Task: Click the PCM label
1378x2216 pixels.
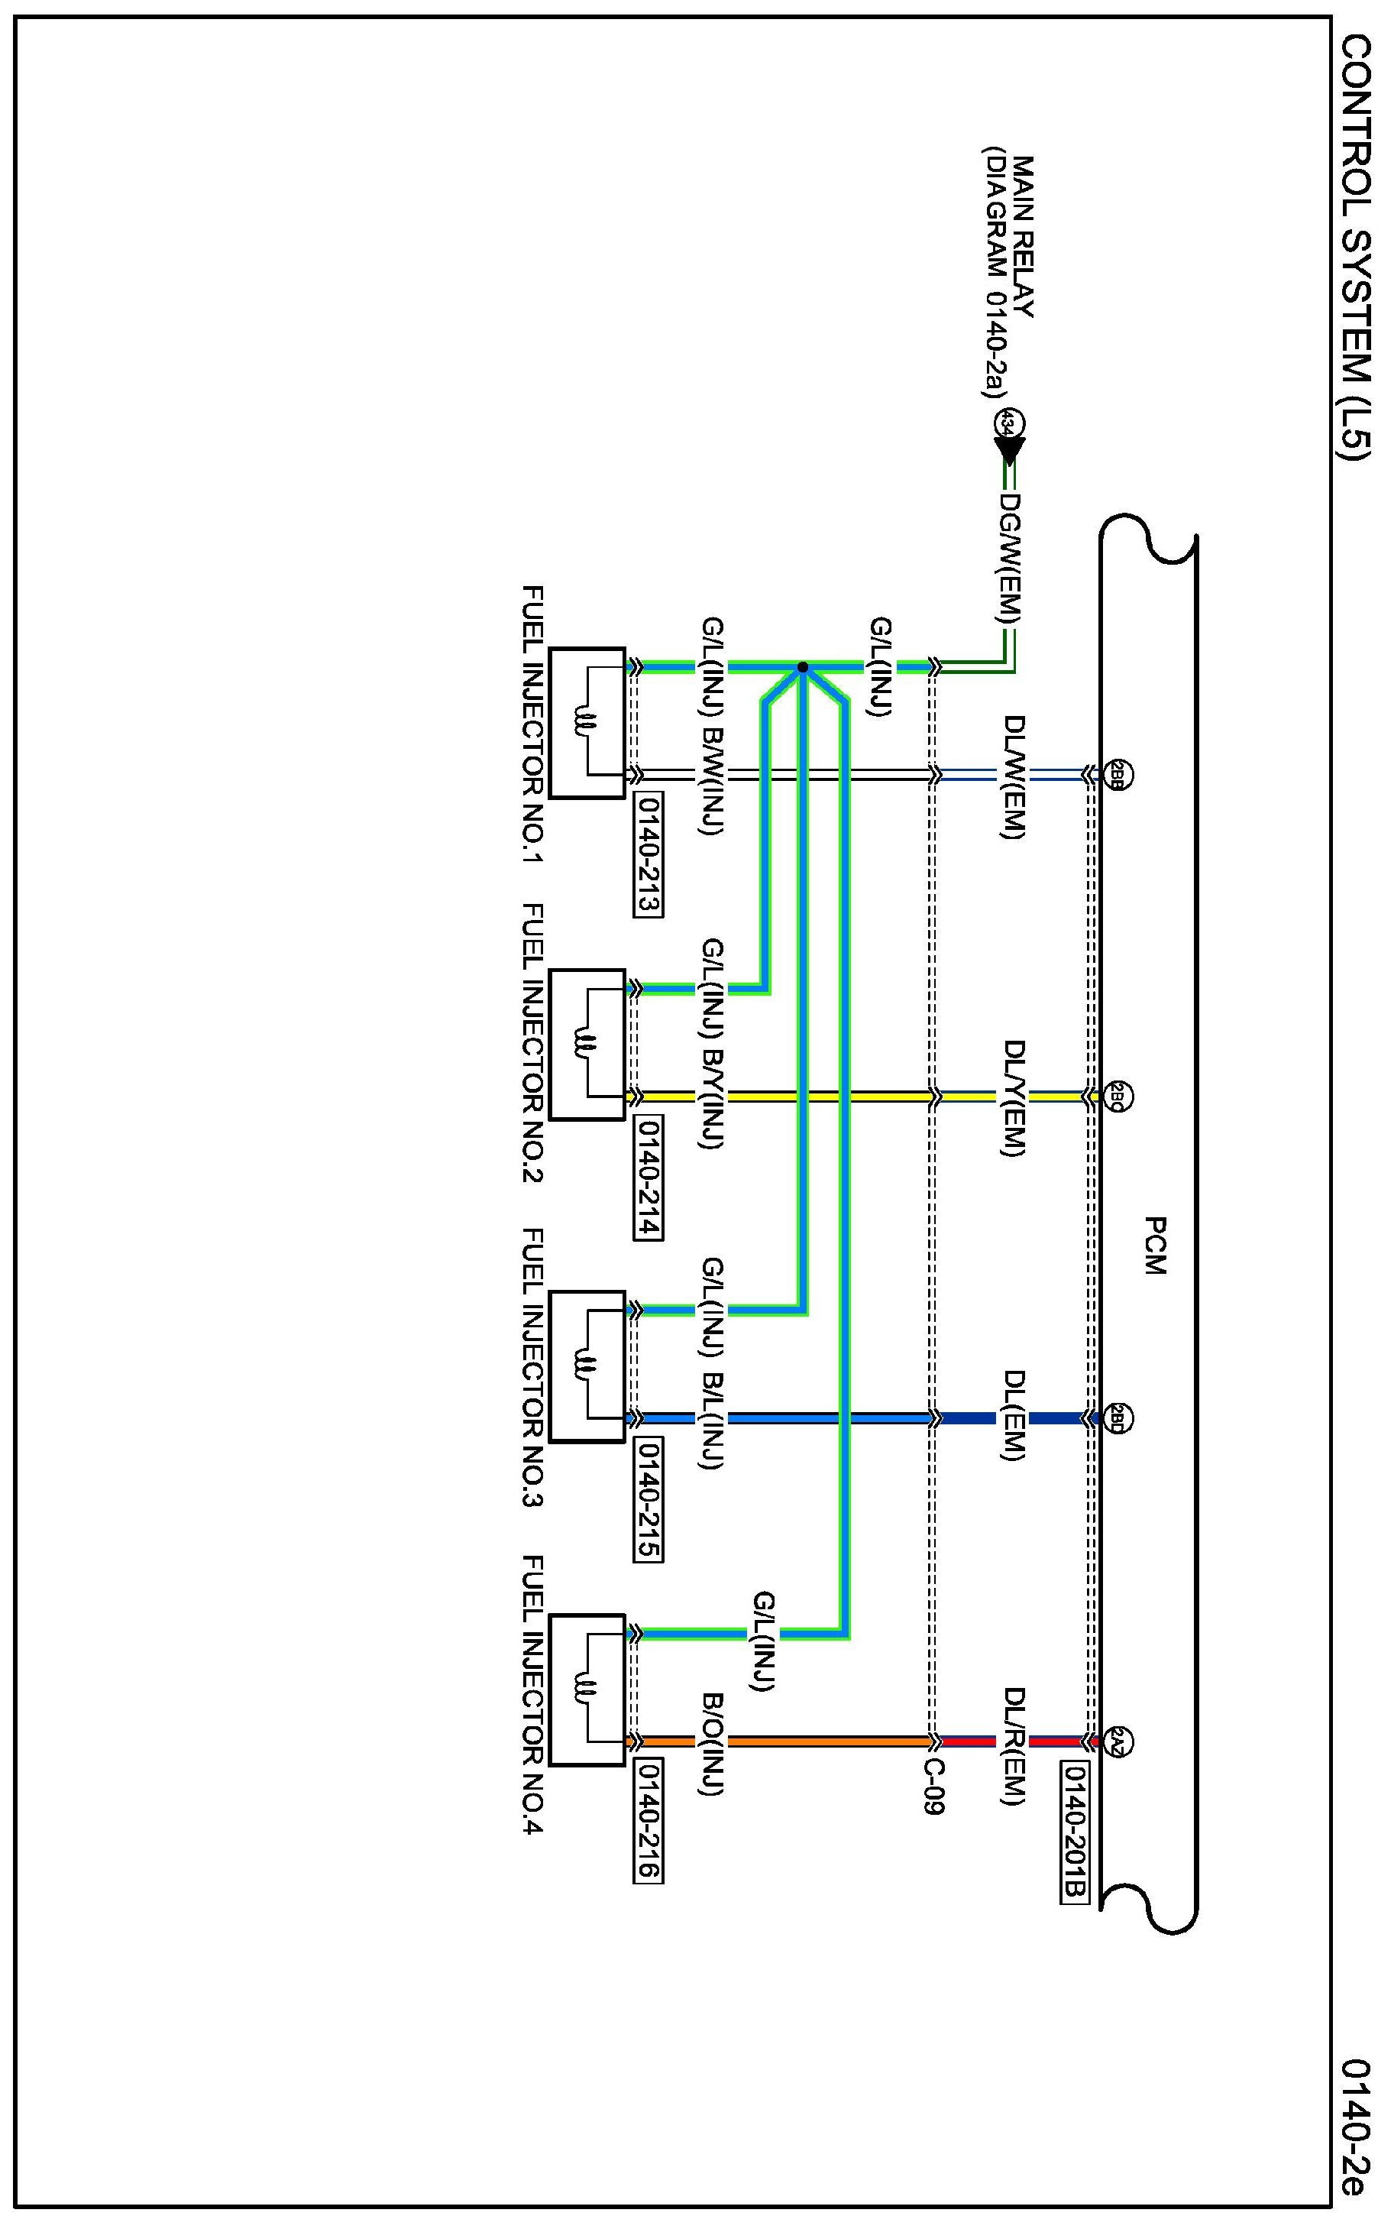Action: click(x=1153, y=1246)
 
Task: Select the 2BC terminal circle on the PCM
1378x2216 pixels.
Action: click(x=1118, y=1096)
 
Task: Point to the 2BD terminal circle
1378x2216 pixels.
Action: click(x=1118, y=1418)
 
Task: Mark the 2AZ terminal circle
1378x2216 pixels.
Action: click(x=1118, y=1740)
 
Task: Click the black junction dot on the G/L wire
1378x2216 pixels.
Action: click(x=802, y=667)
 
